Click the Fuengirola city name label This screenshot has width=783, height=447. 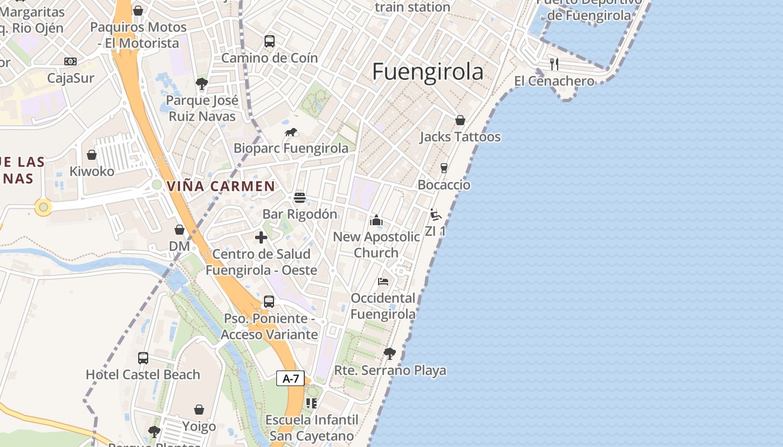pos(428,72)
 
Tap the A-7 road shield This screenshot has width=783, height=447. pos(291,379)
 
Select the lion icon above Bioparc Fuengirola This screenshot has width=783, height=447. pos(291,132)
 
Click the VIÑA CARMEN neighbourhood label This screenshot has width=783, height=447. pos(221,186)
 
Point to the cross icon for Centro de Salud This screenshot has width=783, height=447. pos(261,237)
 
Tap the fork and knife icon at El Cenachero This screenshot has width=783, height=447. pos(554,64)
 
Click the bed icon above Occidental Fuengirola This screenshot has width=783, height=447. pos(383,281)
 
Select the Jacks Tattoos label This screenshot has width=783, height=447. pos(460,137)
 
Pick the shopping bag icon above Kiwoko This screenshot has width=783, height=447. pos(92,155)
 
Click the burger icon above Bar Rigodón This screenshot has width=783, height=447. pos(300,197)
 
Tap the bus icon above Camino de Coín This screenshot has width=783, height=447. pos(270,41)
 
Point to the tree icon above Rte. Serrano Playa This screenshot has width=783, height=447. pos(390,353)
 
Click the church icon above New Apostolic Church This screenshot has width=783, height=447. pos(376,220)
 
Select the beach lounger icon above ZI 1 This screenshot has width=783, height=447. pos(436,215)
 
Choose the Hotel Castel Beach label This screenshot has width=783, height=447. pos(143,374)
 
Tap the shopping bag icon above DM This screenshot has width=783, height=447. pos(180,230)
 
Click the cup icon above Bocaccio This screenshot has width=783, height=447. pos(444,168)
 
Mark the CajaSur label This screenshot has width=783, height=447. pos(70,78)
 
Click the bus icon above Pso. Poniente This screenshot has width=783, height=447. pos(269,302)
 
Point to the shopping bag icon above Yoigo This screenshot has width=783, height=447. pos(199,410)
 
